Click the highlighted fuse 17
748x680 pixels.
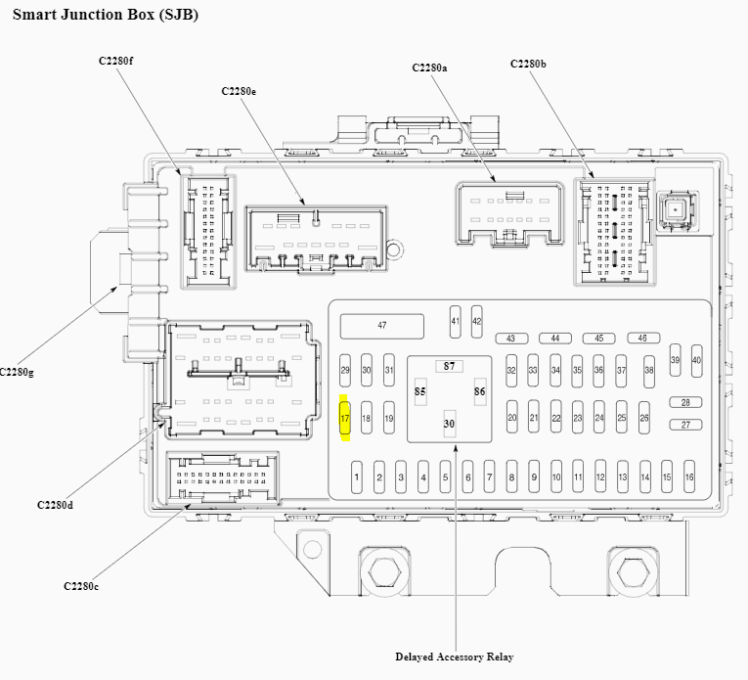tap(344, 418)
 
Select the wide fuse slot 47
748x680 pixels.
tap(381, 326)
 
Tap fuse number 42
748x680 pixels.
tap(476, 322)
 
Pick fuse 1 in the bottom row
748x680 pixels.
tap(356, 476)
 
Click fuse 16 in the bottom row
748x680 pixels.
tap(689, 476)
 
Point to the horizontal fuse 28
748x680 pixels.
tap(685, 402)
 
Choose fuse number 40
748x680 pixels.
tap(696, 360)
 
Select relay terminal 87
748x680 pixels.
tap(449, 366)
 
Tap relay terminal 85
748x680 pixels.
tap(420, 391)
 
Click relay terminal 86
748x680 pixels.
tap(480, 391)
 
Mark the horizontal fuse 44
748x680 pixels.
tap(555, 339)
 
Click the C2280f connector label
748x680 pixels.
tap(116, 61)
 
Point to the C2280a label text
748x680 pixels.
tap(429, 68)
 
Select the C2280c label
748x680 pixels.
tap(81, 586)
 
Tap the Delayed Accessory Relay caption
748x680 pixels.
tap(454, 657)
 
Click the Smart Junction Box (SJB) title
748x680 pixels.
tap(106, 15)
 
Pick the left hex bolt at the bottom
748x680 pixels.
tap(384, 571)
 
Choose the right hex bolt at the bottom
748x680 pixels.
tap(633, 571)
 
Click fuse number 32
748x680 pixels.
tap(511, 370)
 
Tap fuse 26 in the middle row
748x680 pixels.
tap(644, 418)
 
